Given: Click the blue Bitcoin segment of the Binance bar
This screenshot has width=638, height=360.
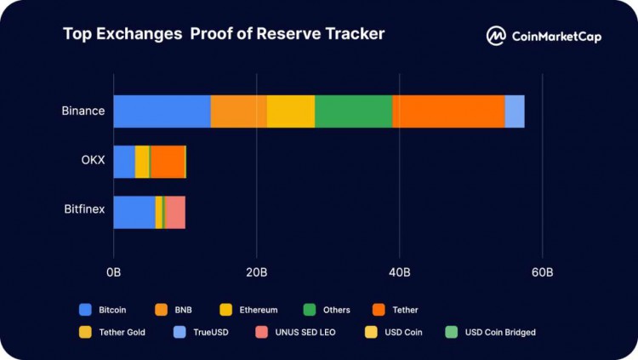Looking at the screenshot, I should [162, 111].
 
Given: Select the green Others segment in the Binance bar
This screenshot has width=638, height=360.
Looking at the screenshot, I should [353, 111].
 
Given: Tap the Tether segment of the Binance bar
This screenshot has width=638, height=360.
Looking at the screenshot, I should [448, 111].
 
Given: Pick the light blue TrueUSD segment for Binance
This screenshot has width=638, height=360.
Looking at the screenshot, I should [515, 111].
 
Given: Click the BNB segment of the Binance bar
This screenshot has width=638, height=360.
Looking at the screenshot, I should [238, 111].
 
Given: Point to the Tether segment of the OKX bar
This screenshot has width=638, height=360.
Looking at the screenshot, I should [168, 162].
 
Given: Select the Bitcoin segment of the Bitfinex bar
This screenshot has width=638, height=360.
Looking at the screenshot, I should [134, 212].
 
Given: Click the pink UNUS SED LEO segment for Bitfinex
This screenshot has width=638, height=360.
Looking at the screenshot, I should [175, 212].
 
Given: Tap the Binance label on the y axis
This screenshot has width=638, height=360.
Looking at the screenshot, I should [83, 111].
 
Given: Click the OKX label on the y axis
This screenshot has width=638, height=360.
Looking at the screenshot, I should [93, 162].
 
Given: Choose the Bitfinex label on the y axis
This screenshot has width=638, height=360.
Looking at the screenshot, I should [84, 209].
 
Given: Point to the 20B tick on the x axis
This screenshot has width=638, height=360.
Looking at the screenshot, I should [257, 272].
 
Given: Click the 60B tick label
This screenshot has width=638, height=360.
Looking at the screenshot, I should [542, 272].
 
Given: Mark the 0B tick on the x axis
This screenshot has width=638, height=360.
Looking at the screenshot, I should [114, 272].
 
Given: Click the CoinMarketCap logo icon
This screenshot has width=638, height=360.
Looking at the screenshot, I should [496, 36].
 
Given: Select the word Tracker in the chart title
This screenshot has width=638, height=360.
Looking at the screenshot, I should [352, 34].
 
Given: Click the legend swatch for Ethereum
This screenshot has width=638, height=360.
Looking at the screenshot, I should [226, 310].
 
